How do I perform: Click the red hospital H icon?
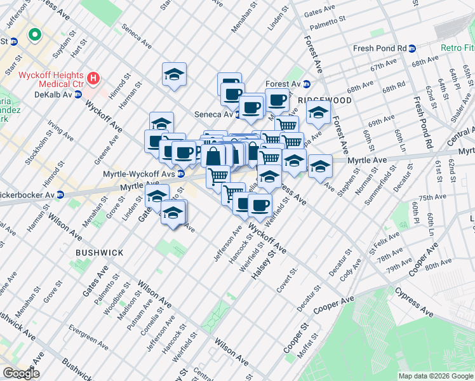[93, 79]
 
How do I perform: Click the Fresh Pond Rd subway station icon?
[412, 48]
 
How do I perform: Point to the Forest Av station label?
[283, 84]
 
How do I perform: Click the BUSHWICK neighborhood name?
[100, 252]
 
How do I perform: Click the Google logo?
[21, 373]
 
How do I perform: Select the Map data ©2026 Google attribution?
[436, 375]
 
